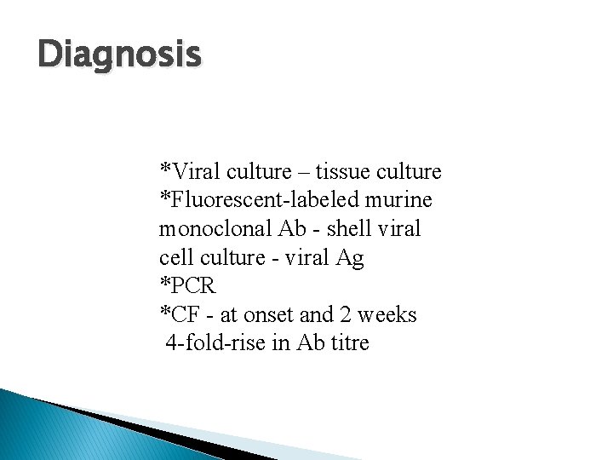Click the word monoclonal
coord(215,230)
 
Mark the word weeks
coord(388,315)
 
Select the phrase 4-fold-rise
coord(216,344)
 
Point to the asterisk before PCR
coord(164,283)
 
